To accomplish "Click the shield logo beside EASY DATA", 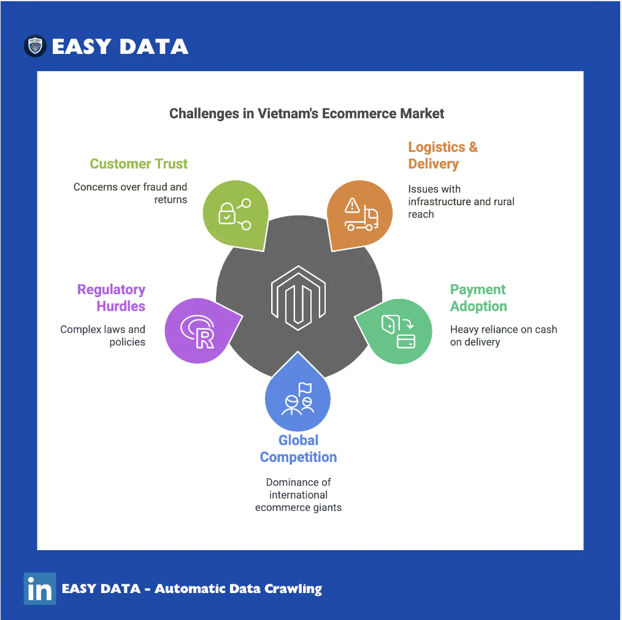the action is click(x=35, y=45).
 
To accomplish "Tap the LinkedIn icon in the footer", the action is click(x=40, y=588).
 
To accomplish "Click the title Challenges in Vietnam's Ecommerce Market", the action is click(x=307, y=114).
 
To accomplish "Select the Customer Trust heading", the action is click(x=139, y=164).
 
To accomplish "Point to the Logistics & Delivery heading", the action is click(x=443, y=155).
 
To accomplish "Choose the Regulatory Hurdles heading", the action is click(x=112, y=298).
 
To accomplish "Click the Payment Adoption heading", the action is click(x=478, y=298).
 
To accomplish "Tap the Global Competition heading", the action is click(x=298, y=448).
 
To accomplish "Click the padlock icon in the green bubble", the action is click(x=227, y=214).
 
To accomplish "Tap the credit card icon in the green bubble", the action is click(x=406, y=341).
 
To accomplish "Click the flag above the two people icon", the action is click(x=305, y=388).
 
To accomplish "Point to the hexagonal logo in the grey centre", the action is click(x=298, y=298).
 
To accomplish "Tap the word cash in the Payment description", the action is click(x=546, y=330).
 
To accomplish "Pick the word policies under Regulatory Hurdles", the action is click(x=128, y=342).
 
